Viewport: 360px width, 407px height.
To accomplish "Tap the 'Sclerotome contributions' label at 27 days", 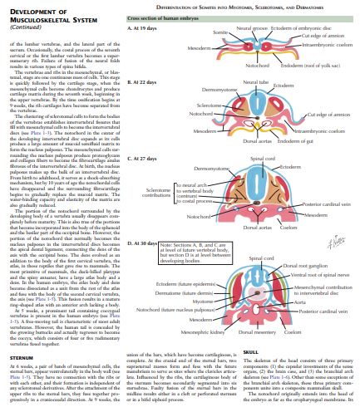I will pos(155,194).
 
